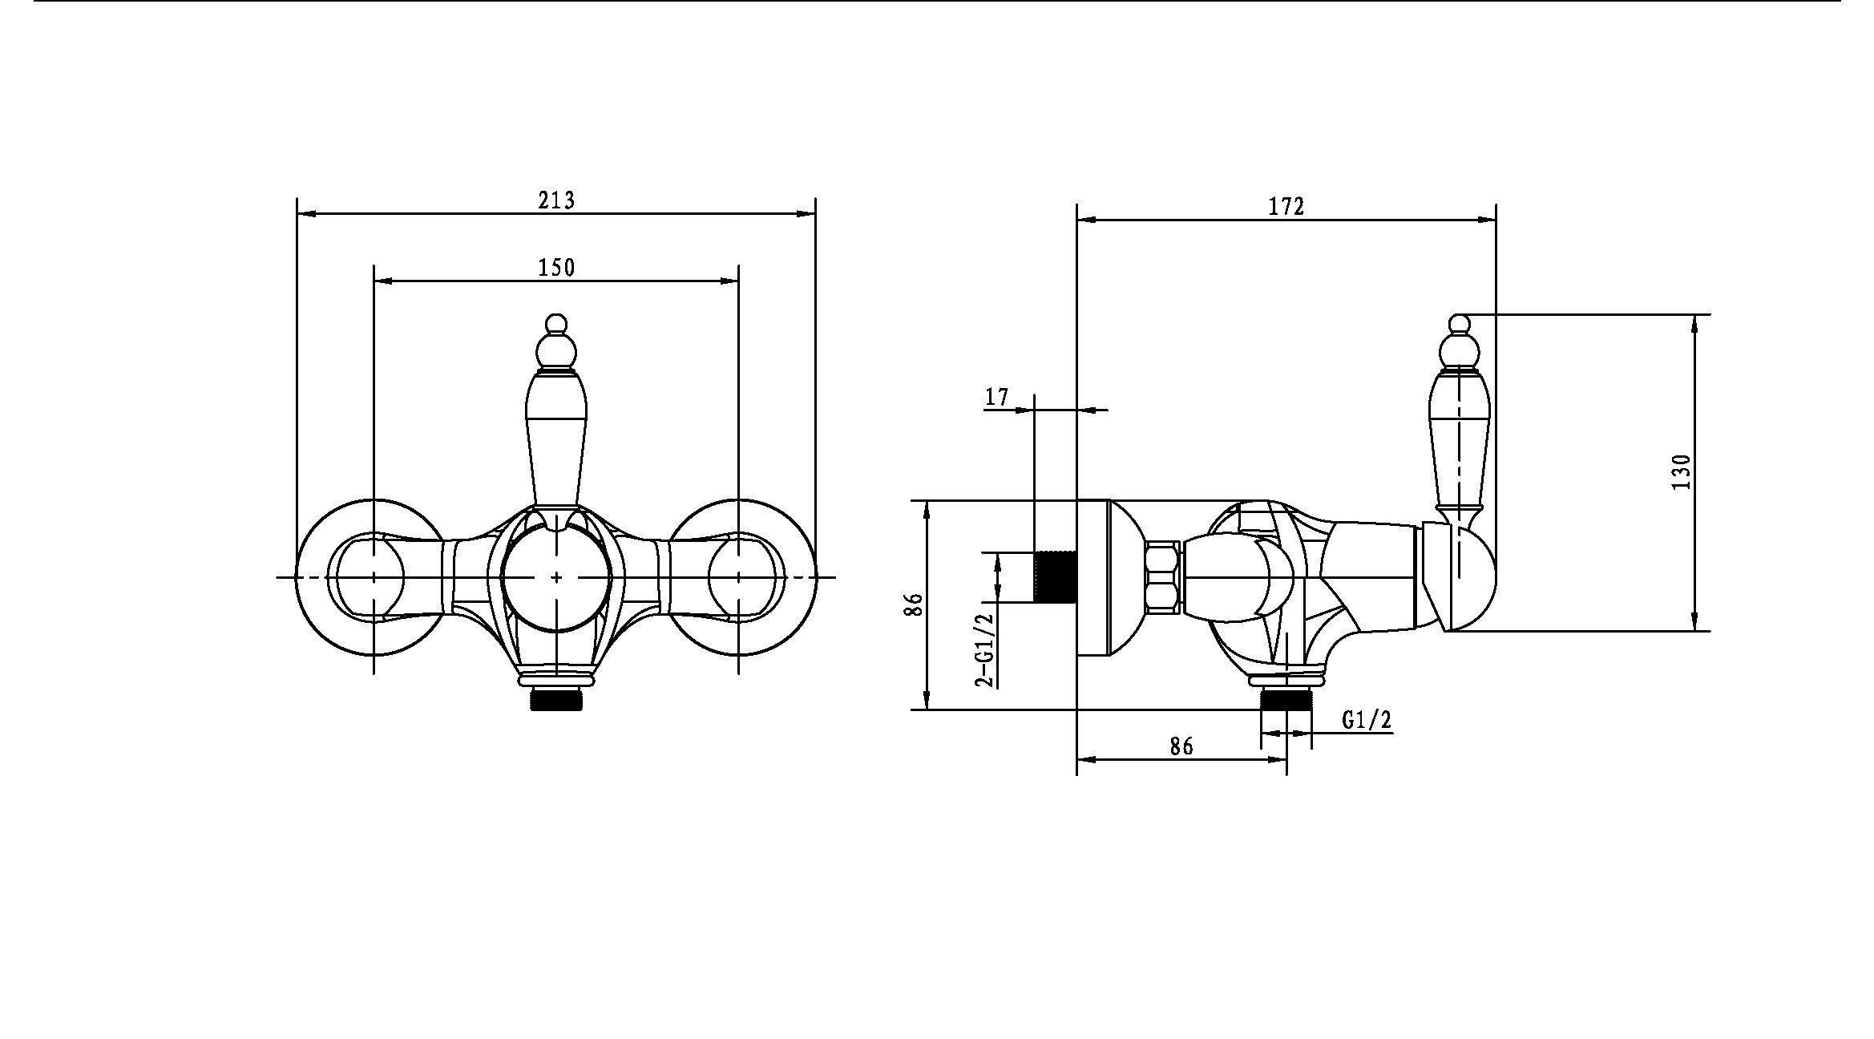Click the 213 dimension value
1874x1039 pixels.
pyautogui.click(x=556, y=200)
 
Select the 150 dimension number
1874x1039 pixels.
pyautogui.click(x=556, y=267)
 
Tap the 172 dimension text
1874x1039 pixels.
pyautogui.click(x=1286, y=206)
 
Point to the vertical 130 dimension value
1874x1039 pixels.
pyautogui.click(x=1682, y=472)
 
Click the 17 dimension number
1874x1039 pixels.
pyautogui.click(x=996, y=397)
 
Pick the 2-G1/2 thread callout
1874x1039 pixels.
pyautogui.click(x=983, y=649)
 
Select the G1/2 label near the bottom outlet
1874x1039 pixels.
pyautogui.click(x=1367, y=720)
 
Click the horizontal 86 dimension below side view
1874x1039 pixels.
pyautogui.click(x=1181, y=746)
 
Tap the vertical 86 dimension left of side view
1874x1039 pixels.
pyautogui.click(x=914, y=604)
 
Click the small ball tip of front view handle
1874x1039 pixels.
pyautogui.click(x=555, y=323)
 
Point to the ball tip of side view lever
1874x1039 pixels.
pyautogui.click(x=1460, y=324)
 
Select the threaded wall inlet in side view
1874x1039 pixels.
pyautogui.click(x=1055, y=576)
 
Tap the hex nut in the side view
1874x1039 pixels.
pyautogui.click(x=1163, y=577)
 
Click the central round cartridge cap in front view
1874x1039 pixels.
pyautogui.click(x=556, y=577)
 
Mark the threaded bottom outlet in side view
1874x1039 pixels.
pyautogui.click(x=1286, y=697)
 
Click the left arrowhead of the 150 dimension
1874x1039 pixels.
pyautogui.click(x=384, y=281)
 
